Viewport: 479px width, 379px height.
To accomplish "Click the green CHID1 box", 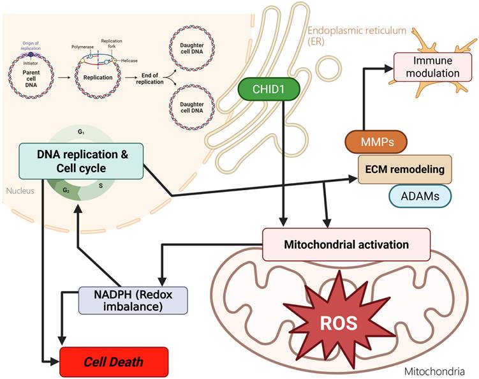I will click(x=262, y=90).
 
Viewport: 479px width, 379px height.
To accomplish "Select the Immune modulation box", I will click(x=427, y=66).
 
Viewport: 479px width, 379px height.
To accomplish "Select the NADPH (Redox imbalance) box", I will click(x=133, y=300).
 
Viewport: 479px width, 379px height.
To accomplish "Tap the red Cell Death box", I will click(x=114, y=362).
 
